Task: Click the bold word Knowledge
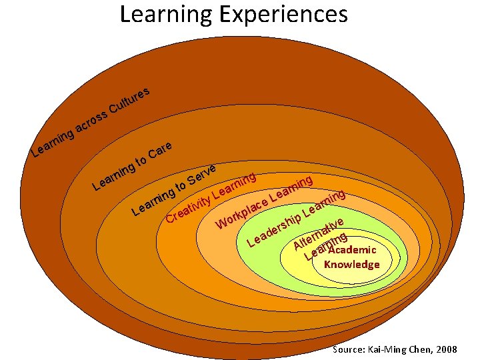coord(351,265)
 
